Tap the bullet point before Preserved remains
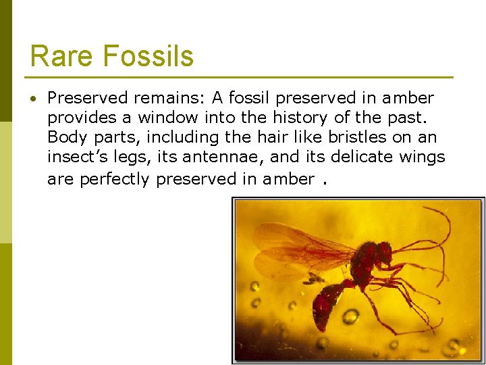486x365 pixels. [33, 99]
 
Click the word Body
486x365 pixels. [64, 137]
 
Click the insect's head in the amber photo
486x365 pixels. [381, 253]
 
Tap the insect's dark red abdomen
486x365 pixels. [329, 304]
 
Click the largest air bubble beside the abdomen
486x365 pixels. [350, 316]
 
